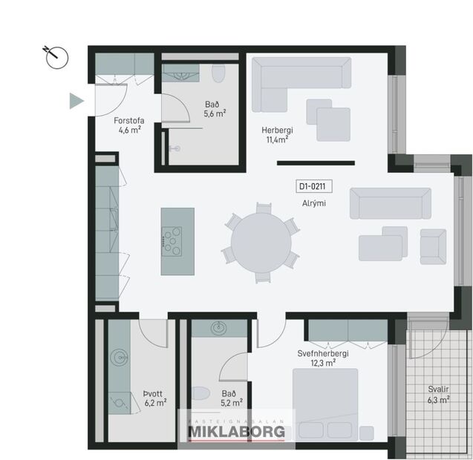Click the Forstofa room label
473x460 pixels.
[x=128, y=120]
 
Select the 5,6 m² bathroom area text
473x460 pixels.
[x=215, y=114]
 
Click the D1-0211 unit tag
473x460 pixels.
[x=313, y=187]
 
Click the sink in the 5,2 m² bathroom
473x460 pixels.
[x=219, y=328]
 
